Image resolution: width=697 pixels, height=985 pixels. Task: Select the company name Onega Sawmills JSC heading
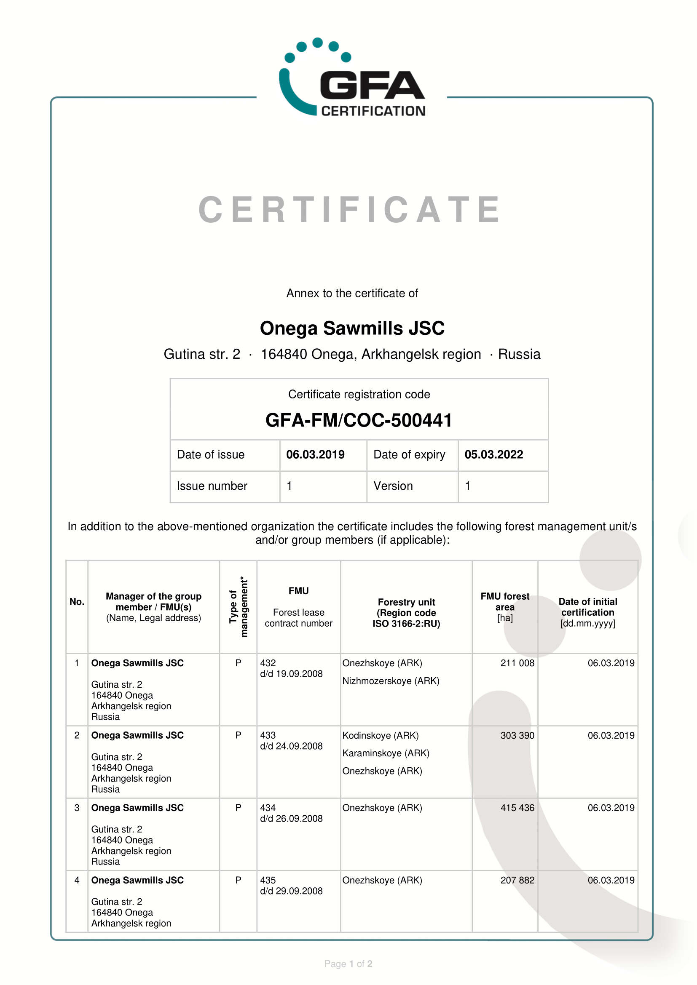(352, 328)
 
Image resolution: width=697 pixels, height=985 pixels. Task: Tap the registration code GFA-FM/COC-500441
(359, 420)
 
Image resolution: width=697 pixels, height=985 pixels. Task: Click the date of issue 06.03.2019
(315, 455)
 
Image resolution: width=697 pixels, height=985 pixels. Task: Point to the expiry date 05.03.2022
(493, 455)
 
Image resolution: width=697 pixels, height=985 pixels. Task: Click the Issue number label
(212, 486)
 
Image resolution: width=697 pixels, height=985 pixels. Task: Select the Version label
(393, 486)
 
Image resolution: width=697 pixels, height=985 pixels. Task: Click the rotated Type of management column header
(238, 606)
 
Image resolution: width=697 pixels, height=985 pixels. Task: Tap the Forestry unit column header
(406, 613)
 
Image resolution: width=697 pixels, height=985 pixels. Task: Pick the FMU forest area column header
(505, 606)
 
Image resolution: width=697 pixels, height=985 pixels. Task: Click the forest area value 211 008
(517, 663)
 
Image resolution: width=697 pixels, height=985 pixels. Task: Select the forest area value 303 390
(517, 736)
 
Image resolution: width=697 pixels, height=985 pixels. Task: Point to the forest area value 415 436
(517, 808)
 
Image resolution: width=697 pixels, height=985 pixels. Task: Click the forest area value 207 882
(517, 881)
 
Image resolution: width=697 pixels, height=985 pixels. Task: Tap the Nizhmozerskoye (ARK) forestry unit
(391, 681)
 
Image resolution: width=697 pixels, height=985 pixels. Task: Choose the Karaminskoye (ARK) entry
(386, 754)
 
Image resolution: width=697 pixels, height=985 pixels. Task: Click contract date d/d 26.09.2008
(291, 819)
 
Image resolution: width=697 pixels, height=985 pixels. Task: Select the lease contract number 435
(268, 881)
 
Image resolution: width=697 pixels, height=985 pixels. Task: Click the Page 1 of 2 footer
(348, 964)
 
